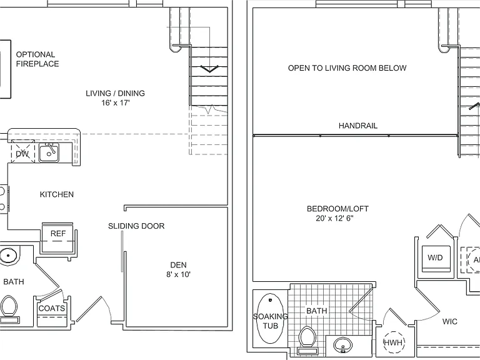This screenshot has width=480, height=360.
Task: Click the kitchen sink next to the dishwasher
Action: click(x=48, y=152)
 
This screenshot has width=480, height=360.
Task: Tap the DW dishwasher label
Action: click(x=22, y=154)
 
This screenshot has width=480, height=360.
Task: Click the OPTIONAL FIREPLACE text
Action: click(x=37, y=59)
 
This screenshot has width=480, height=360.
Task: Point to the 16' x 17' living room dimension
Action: click(x=116, y=103)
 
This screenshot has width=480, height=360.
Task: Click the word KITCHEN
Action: click(x=57, y=194)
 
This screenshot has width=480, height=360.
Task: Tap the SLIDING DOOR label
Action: click(x=136, y=226)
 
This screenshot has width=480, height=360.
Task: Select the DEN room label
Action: click(x=179, y=265)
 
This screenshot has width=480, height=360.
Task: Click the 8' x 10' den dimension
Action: click(x=179, y=274)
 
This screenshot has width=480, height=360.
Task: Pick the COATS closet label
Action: click(x=52, y=308)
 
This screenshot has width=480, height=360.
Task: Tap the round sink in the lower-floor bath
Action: click(x=8, y=255)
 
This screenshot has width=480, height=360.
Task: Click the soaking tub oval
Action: click(x=271, y=319)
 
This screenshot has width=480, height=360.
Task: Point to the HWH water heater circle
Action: click(x=394, y=342)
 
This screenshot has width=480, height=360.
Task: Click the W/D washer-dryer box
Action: click(x=436, y=258)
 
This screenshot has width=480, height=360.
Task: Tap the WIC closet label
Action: click(x=450, y=322)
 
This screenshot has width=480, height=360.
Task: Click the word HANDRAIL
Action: click(x=358, y=126)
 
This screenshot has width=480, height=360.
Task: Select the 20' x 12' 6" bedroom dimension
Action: click(x=334, y=218)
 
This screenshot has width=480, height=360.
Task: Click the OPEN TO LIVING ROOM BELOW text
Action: click(x=347, y=68)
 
